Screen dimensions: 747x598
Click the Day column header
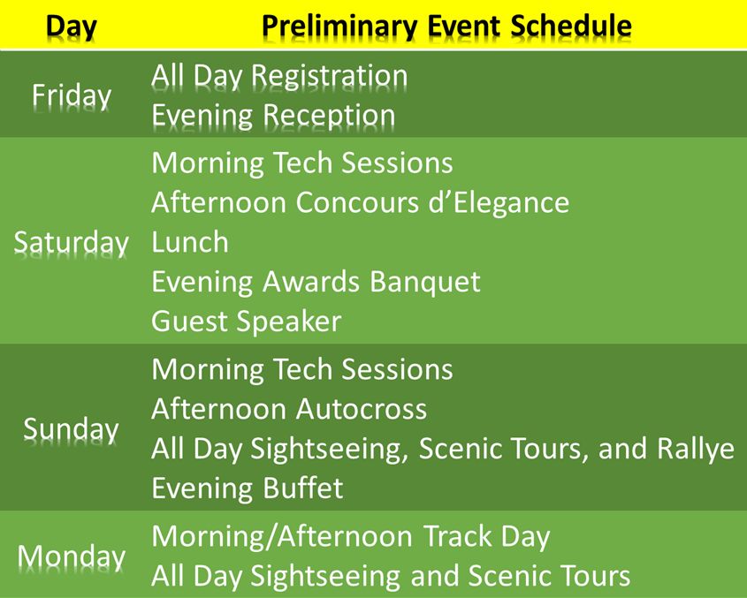tap(72, 27)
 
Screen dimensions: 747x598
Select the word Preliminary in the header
tap(339, 27)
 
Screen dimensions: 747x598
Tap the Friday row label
tap(72, 95)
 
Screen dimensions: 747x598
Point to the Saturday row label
tap(71, 243)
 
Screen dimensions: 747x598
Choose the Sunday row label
tap(71, 429)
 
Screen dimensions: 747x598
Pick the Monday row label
tap(72, 556)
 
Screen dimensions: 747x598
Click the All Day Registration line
tap(279, 77)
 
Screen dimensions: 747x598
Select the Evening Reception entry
tap(273, 117)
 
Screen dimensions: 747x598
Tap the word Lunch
tap(189, 242)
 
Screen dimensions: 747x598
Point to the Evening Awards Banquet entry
tap(316, 282)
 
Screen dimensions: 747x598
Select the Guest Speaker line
tap(247, 322)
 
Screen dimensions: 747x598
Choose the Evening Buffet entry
tap(247, 488)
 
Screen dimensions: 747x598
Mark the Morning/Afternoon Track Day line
tap(351, 537)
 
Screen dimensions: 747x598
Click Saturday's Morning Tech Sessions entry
tap(302, 163)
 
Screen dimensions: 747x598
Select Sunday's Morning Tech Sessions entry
tap(302, 369)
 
